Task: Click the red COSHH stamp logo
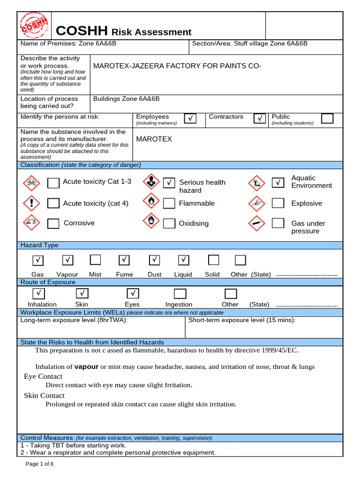(34, 25)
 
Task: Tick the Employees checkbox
(190, 119)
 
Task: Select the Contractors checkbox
(260, 119)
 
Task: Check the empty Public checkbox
(327, 118)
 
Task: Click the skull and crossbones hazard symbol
(32, 182)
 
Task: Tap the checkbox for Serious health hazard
(169, 183)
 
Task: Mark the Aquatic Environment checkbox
(278, 182)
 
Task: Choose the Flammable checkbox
(169, 203)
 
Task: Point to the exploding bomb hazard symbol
(257, 203)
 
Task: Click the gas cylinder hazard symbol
(257, 223)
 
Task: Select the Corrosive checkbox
(53, 223)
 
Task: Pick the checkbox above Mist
(95, 260)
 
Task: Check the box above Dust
(155, 260)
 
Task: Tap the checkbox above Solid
(213, 260)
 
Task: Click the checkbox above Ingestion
(180, 293)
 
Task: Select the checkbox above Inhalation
(39, 293)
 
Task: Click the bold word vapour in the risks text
(86, 367)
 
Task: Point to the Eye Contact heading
(43, 376)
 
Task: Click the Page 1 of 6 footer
(39, 464)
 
